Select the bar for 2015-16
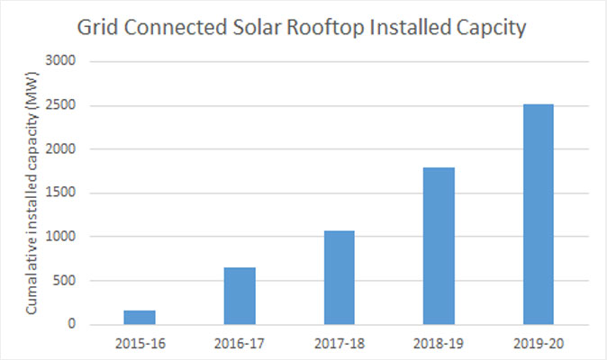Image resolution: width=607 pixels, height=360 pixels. [140, 317]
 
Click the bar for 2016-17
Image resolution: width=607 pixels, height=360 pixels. [240, 295]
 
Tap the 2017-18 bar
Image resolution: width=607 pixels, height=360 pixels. [339, 277]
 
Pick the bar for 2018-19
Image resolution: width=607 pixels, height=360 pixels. [439, 246]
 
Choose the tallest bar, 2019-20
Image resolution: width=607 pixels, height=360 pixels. [538, 214]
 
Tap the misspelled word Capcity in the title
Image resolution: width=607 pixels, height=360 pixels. [485, 28]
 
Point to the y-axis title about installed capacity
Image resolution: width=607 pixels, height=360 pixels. [32, 193]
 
